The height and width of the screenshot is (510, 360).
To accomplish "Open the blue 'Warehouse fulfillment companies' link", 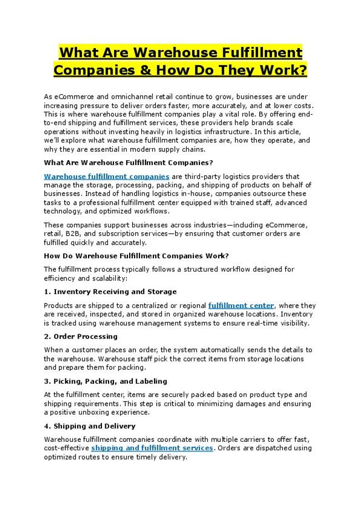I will click(x=106, y=176).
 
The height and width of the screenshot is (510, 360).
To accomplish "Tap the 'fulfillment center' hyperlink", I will click(x=241, y=305).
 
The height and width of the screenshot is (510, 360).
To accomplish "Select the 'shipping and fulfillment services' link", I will click(x=152, y=448).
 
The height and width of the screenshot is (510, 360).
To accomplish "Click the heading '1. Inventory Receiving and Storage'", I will click(x=110, y=292).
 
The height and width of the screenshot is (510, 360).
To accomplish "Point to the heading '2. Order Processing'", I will click(x=81, y=336).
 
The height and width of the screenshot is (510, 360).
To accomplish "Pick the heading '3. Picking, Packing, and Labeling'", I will click(x=105, y=381).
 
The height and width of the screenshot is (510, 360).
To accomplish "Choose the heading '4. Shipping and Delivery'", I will click(x=89, y=426).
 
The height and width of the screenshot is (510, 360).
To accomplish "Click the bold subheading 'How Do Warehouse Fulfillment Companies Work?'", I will click(x=136, y=256).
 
